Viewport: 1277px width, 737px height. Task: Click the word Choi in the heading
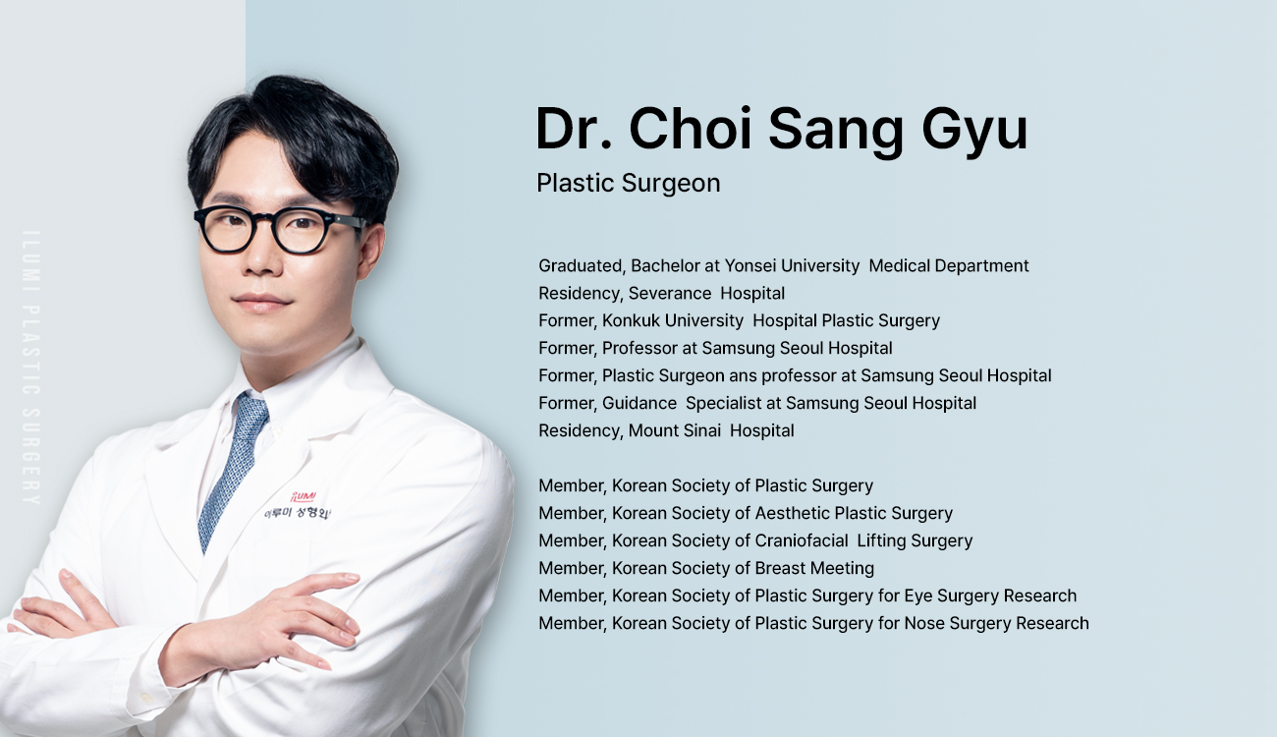(x=691, y=129)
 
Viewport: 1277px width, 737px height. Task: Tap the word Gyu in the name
(x=974, y=133)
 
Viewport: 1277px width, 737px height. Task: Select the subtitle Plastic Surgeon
(x=629, y=183)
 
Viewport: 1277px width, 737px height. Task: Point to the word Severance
(x=670, y=293)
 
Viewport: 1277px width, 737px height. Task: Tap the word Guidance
(x=639, y=403)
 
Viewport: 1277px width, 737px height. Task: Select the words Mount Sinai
(x=675, y=430)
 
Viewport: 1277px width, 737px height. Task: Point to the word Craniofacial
(x=802, y=540)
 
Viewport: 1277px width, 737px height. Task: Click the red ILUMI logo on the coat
(x=303, y=497)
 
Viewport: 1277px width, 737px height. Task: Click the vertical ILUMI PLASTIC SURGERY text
(x=30, y=368)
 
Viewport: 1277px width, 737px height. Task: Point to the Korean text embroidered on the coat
(x=297, y=513)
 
